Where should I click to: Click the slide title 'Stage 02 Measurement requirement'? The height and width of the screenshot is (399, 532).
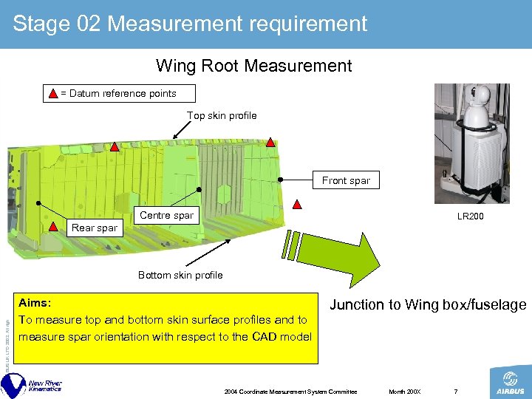[x=190, y=24]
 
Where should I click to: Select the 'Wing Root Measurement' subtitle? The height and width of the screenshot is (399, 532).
[x=253, y=66]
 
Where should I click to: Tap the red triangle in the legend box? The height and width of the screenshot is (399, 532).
[x=53, y=93]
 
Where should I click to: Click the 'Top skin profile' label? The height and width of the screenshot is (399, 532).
[x=222, y=115]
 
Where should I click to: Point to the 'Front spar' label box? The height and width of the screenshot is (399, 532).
[x=346, y=180]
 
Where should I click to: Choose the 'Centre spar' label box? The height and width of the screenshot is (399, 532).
[x=166, y=215]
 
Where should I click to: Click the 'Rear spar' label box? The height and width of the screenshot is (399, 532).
[x=94, y=228]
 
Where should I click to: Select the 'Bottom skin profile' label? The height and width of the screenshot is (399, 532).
[x=180, y=275]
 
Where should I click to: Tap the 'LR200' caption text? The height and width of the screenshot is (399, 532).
[x=471, y=216]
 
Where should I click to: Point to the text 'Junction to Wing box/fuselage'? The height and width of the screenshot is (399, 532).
[x=428, y=304]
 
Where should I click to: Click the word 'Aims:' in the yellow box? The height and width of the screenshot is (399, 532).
[x=34, y=303]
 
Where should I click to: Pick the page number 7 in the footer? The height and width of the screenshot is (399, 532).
[x=457, y=391]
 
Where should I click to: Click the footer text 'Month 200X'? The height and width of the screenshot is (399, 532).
[x=404, y=391]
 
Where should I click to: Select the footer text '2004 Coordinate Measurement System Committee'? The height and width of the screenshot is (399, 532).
[x=290, y=391]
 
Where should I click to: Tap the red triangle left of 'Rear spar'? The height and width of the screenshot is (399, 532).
[x=53, y=227]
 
